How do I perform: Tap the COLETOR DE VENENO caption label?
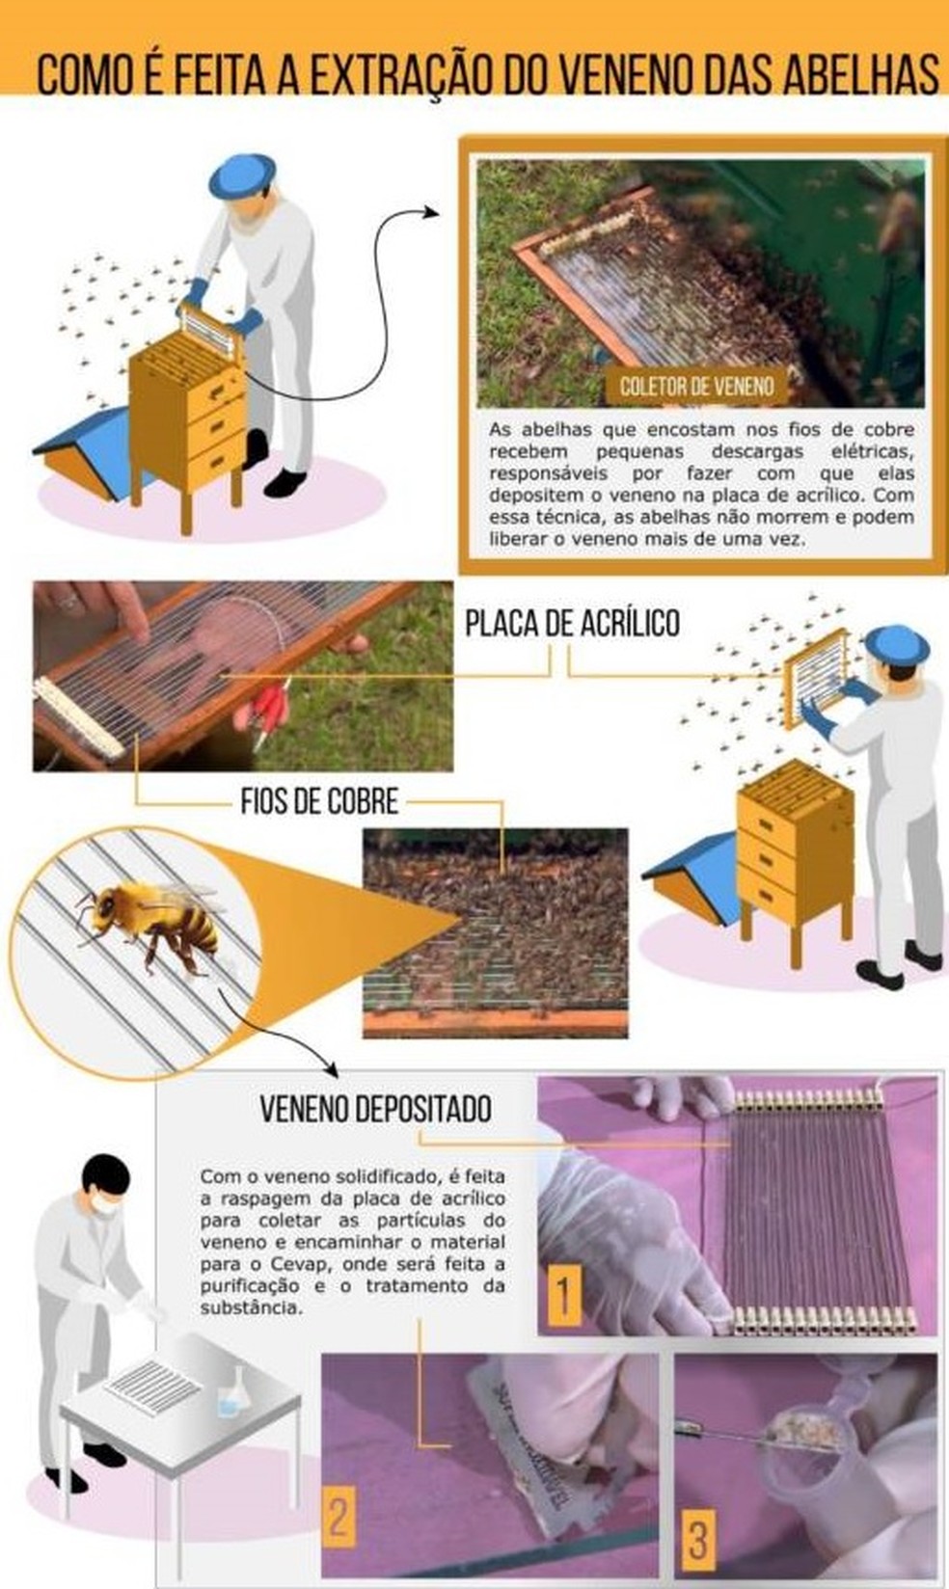tap(696, 387)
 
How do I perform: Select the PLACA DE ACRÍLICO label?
tap(572, 624)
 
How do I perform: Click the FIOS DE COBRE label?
tap(319, 801)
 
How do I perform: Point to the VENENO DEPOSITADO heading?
tap(375, 1109)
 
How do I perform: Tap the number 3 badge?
tap(698, 1535)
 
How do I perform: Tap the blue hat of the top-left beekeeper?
tap(242, 174)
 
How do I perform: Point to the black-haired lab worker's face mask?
tap(106, 1201)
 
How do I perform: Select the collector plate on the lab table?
tap(153, 1385)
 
